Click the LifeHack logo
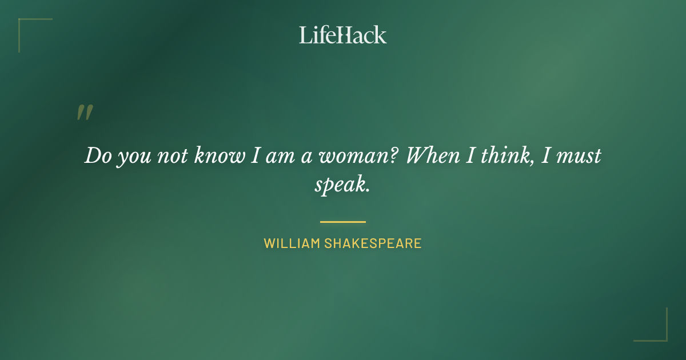(342, 35)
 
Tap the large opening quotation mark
(84, 113)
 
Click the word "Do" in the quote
(98, 156)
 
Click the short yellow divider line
(342, 222)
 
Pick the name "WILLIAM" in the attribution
(292, 243)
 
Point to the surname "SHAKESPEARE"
(373, 243)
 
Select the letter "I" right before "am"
(256, 156)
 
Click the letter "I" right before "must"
(545, 156)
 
